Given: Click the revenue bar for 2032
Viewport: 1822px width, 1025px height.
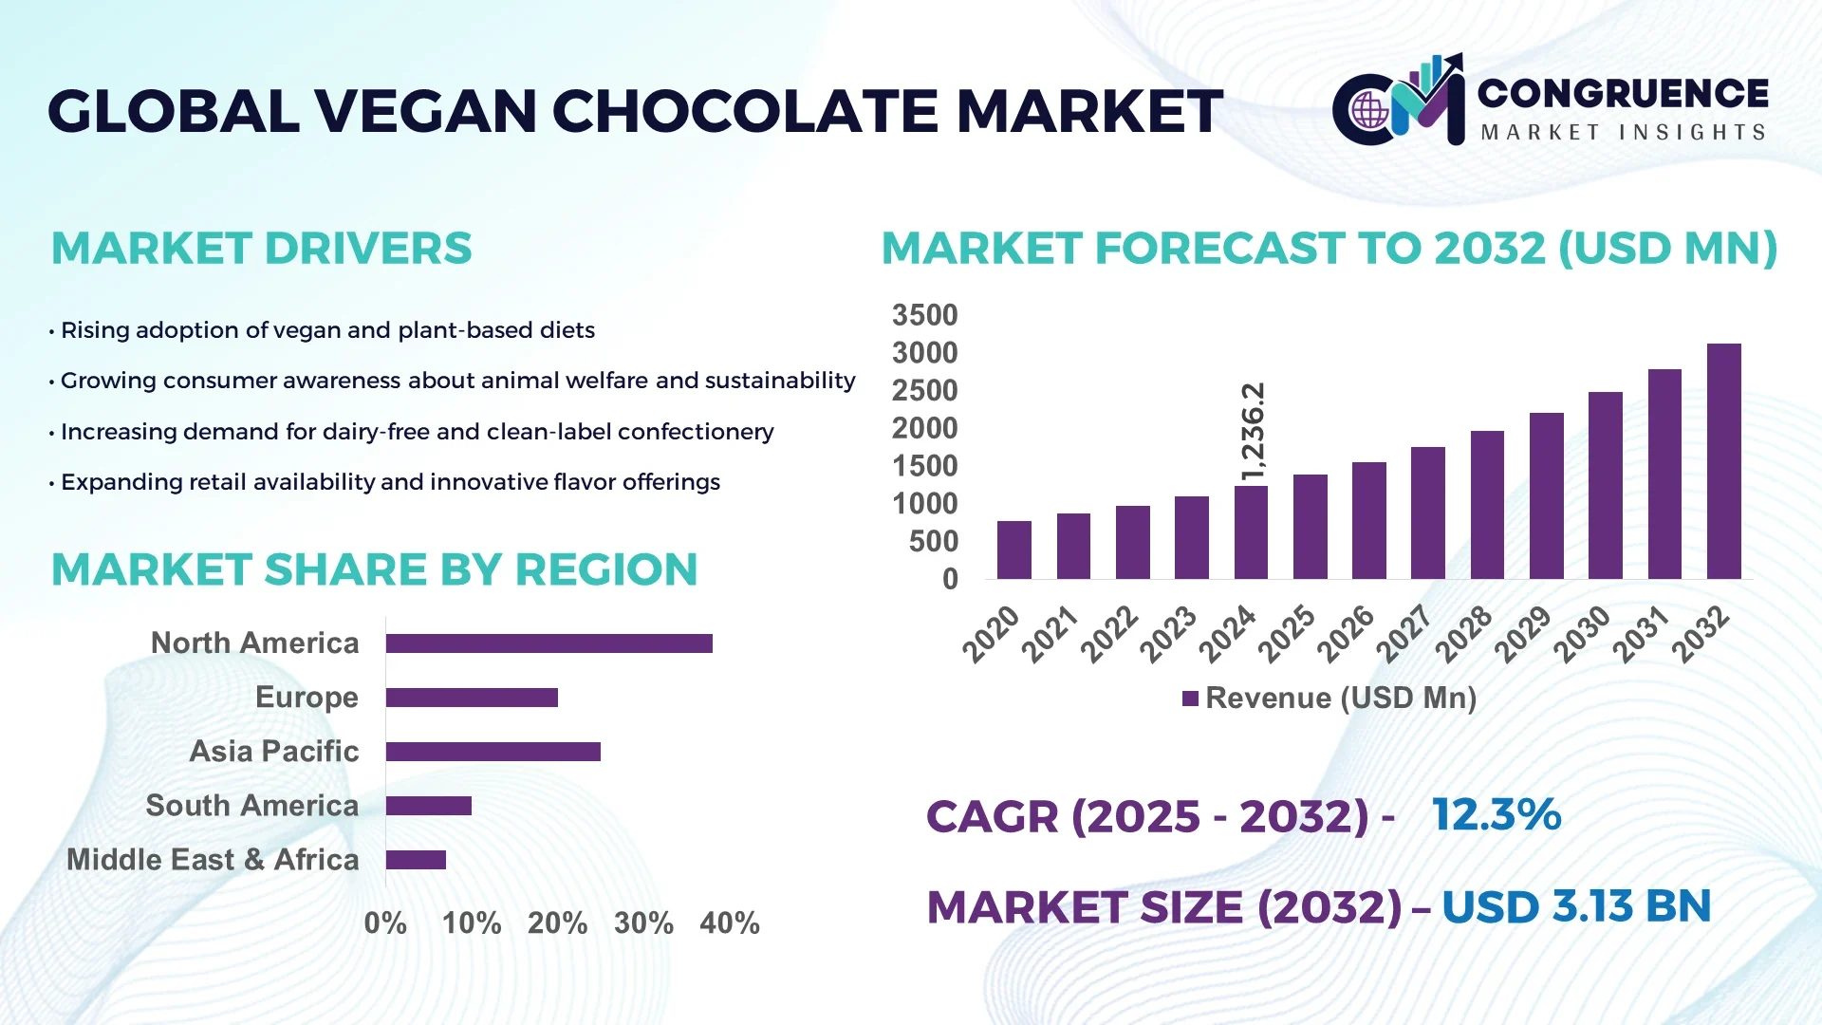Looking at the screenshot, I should [x=1723, y=461].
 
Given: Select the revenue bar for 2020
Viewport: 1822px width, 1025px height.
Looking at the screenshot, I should [x=1013, y=550].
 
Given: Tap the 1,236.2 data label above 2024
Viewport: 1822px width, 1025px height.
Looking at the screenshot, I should [x=1253, y=432].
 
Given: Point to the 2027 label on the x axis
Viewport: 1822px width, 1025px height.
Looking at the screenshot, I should [x=1404, y=633].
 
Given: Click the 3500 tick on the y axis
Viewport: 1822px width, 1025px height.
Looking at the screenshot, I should [x=924, y=315].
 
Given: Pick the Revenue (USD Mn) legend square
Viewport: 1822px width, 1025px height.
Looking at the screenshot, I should [x=1190, y=699].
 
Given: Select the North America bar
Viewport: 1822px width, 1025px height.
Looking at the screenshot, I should [x=548, y=643].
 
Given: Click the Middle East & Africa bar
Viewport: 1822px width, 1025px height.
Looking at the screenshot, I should [x=416, y=860].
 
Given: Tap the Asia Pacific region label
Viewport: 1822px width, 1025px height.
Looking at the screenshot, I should [x=273, y=752].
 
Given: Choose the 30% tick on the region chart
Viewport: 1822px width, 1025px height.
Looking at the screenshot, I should [x=643, y=922].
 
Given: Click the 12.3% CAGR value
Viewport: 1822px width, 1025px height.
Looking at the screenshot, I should [x=1496, y=815].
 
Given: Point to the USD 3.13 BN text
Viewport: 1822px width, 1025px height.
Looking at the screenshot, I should [x=1575, y=906].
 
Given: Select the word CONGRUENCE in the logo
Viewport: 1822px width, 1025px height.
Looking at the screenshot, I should [x=1623, y=93].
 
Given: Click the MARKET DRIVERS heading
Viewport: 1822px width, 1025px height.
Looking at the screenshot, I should [x=261, y=249].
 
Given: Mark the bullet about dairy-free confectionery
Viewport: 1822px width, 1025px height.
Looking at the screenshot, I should [x=416, y=432].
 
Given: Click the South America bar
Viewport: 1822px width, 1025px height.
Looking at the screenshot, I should [x=429, y=806].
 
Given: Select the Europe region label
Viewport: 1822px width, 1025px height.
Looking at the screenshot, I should [x=307, y=698].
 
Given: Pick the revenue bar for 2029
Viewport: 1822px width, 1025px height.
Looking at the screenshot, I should [x=1546, y=495].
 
